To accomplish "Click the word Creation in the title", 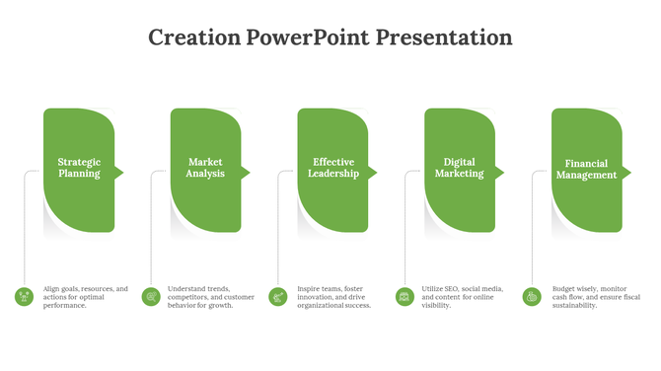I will tap(194, 38).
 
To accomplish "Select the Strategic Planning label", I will tap(79, 168).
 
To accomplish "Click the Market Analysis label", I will tap(205, 168).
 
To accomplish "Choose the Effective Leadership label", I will tap(333, 168).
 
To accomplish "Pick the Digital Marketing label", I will tap(460, 168).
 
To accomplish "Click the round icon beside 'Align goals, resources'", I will tap(24, 296).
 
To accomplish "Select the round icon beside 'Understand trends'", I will tap(151, 296).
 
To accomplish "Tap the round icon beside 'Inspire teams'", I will tap(278, 296).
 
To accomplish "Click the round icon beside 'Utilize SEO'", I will tap(404, 296).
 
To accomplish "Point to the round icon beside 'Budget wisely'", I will tap(532, 296).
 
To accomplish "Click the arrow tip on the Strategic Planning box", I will tap(119, 173).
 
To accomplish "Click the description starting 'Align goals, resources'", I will tap(86, 297).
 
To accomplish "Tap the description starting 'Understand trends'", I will tap(211, 297).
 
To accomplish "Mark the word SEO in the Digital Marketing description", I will tap(452, 289).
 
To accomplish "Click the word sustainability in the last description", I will tap(574, 306).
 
